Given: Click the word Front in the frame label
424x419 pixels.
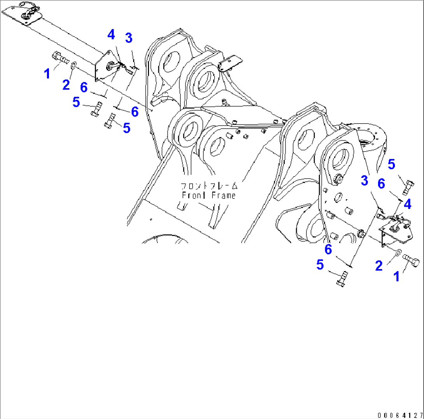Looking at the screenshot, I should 191,195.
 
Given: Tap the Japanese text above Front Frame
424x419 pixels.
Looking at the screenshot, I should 209,185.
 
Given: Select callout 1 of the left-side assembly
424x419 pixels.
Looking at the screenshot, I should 47,73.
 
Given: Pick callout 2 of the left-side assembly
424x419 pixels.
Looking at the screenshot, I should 66,84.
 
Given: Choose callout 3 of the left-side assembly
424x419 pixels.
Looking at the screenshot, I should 128,38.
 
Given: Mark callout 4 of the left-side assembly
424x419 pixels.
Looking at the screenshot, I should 111,35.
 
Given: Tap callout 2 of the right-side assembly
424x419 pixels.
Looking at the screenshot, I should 378,266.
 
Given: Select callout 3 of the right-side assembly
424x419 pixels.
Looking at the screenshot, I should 364,180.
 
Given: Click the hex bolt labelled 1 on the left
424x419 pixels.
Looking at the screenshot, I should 59,58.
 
